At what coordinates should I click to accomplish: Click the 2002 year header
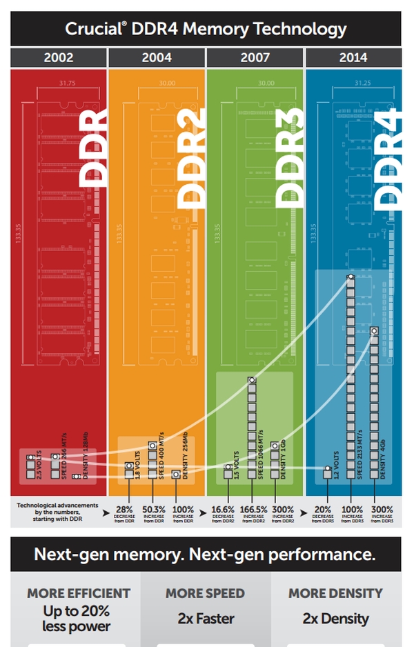point(59,58)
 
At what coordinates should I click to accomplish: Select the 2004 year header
point(157,58)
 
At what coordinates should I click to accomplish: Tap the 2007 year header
point(255,58)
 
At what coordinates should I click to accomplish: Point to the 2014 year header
point(353,58)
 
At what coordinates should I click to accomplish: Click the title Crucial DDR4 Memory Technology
point(206,29)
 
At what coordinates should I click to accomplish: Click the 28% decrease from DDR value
point(125,508)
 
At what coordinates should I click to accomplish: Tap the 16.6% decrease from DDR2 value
point(224,508)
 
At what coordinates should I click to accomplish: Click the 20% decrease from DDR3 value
point(323,508)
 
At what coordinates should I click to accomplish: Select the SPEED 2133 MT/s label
point(361,452)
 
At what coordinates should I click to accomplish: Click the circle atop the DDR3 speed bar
point(252,379)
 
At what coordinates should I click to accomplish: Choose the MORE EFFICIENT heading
point(79,593)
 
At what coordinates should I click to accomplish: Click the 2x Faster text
point(205,619)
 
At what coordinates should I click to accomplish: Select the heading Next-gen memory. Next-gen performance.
point(205,555)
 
